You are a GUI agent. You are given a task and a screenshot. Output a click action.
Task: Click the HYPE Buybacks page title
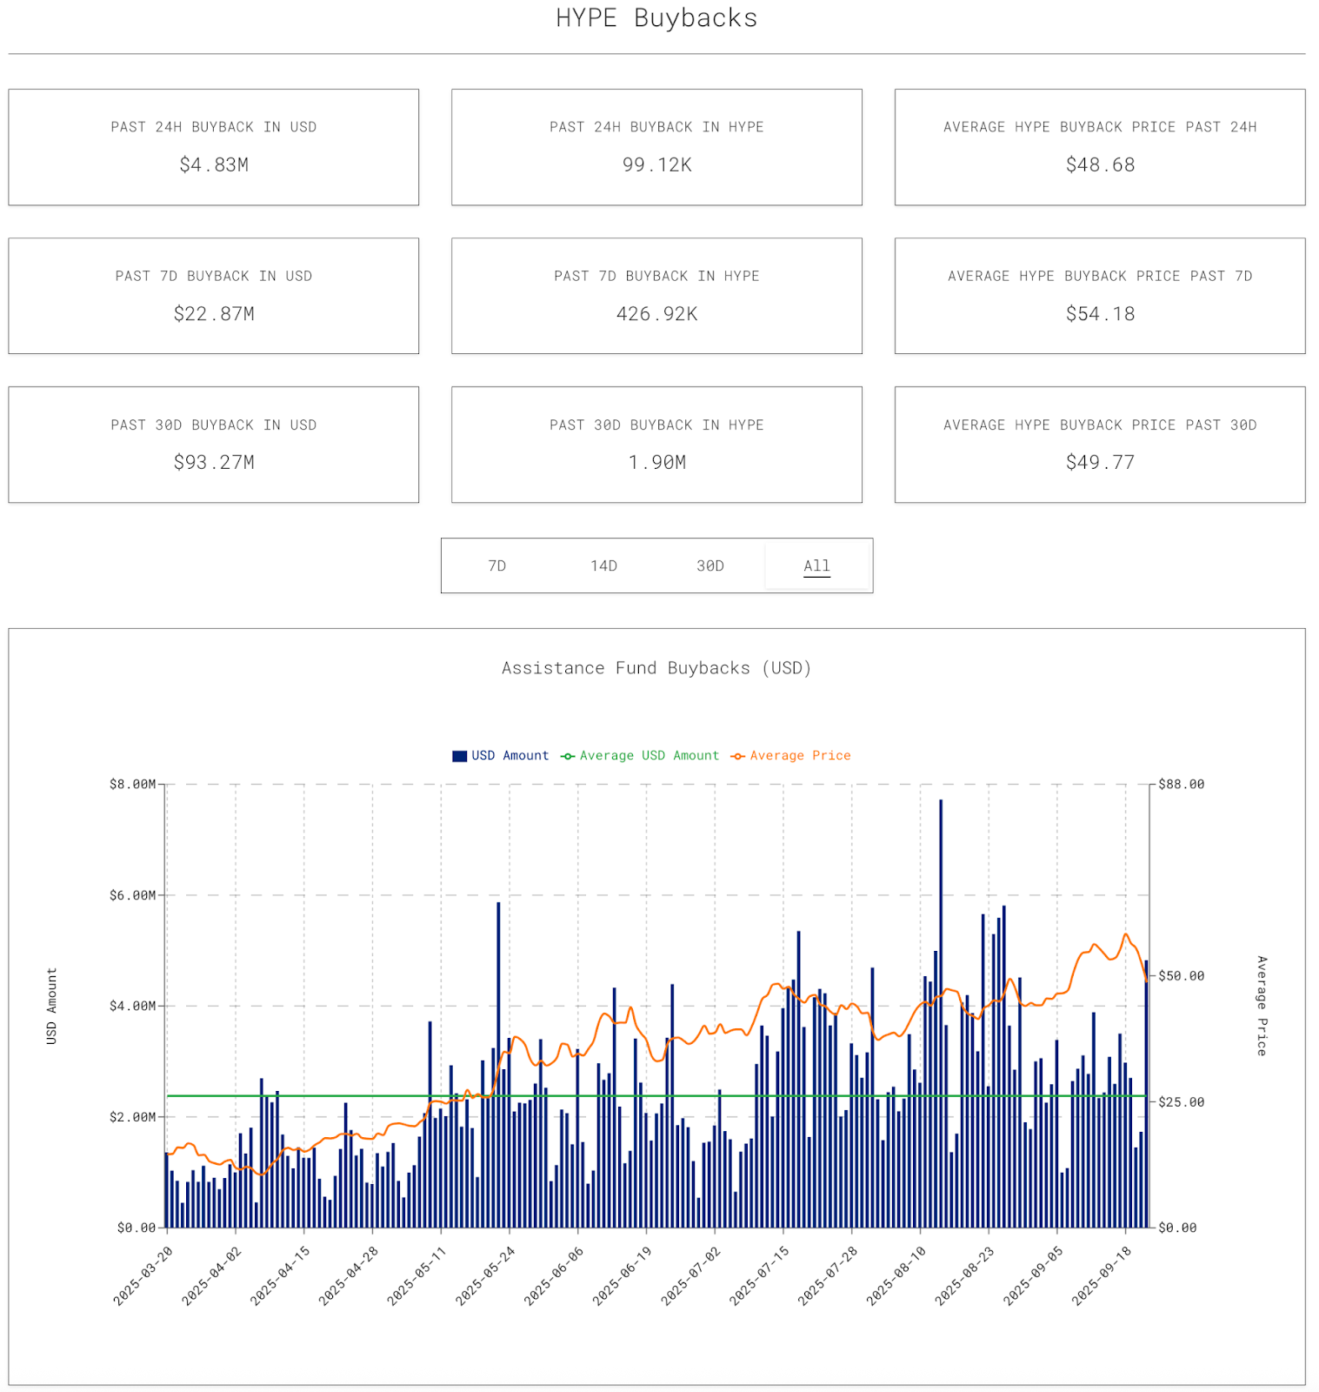(x=656, y=18)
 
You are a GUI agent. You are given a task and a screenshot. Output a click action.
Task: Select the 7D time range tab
(x=496, y=566)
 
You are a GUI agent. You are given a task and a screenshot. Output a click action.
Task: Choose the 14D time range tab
(x=603, y=566)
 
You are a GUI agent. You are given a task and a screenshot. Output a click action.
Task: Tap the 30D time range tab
(x=710, y=566)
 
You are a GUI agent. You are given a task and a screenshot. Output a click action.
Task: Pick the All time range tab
(x=816, y=566)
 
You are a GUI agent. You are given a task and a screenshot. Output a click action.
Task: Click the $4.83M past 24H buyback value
(x=214, y=165)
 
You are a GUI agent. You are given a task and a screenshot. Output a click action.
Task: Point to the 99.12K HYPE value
(x=656, y=165)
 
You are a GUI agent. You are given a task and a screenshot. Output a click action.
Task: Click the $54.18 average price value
(x=1100, y=314)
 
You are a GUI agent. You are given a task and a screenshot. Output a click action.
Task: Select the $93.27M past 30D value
(x=214, y=463)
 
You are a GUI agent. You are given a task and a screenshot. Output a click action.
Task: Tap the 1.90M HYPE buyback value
(x=656, y=463)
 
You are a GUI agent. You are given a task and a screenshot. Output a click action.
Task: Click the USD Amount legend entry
(x=501, y=756)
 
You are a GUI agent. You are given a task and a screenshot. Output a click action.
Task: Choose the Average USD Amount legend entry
(x=641, y=756)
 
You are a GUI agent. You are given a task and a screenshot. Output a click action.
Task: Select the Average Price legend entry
(x=791, y=756)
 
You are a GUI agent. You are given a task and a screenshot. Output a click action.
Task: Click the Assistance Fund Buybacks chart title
(x=656, y=668)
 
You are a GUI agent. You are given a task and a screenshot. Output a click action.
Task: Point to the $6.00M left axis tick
(x=132, y=895)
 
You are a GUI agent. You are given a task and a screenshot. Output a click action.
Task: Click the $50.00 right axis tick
(x=1182, y=976)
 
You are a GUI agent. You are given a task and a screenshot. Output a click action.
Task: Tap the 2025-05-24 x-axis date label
(x=486, y=1275)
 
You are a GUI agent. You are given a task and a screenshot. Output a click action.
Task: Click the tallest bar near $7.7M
(x=941, y=957)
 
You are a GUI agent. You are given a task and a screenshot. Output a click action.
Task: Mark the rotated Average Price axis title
(x=1262, y=1006)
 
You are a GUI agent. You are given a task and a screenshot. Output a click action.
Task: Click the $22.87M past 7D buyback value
(x=214, y=314)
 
